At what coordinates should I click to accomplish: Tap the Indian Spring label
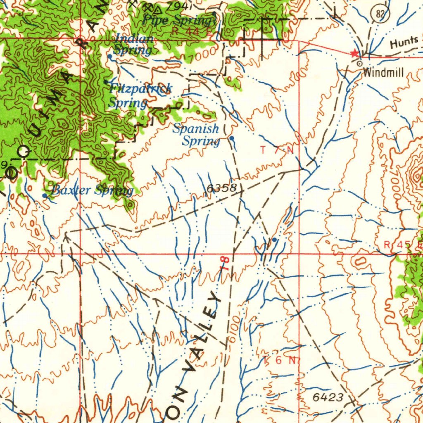[133, 45]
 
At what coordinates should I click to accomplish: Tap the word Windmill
[383, 73]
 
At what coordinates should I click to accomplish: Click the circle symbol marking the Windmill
[359, 64]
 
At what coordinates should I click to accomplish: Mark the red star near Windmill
[354, 53]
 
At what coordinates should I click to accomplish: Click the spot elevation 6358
[221, 188]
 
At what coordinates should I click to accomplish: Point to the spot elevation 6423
[328, 397]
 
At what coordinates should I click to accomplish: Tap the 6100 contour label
[233, 329]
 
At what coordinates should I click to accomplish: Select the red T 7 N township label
[277, 150]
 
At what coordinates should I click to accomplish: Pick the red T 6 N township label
[280, 360]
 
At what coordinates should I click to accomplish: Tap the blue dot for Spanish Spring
[232, 138]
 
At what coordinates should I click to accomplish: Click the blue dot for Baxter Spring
[45, 195]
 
